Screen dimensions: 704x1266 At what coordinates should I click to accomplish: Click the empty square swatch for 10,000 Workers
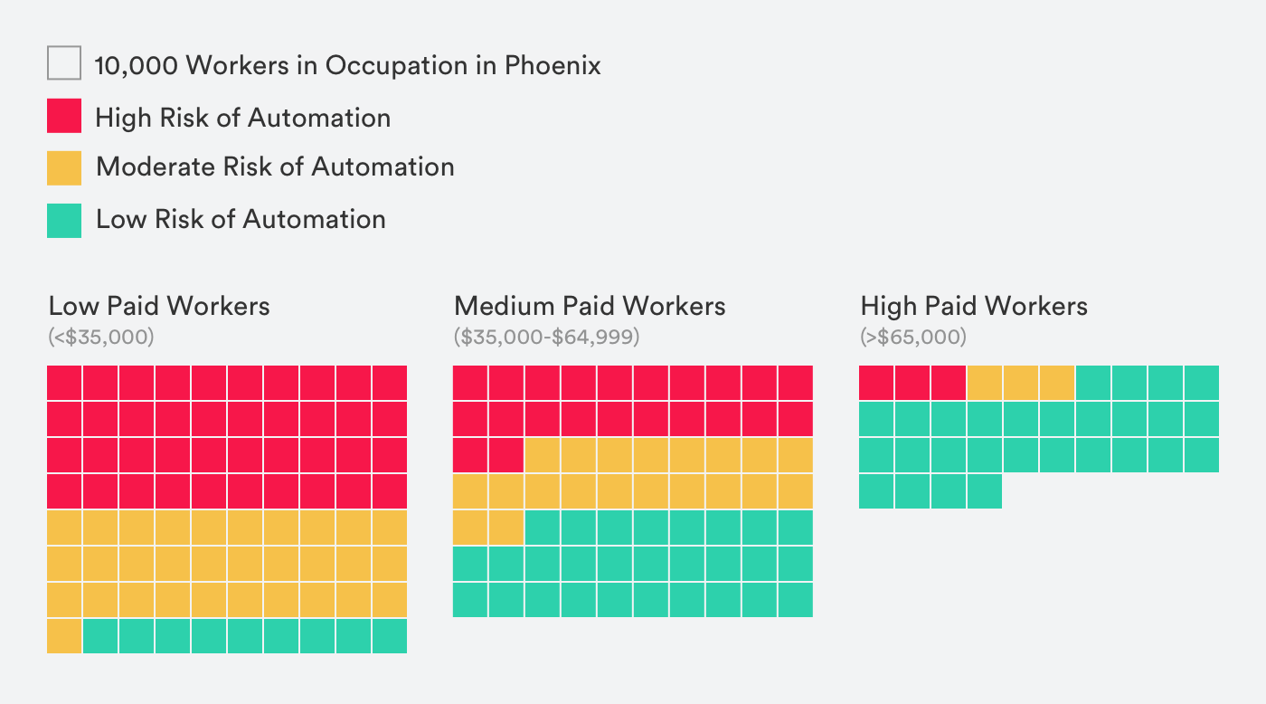click(x=64, y=63)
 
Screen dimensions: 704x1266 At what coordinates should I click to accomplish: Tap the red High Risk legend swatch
click(x=64, y=116)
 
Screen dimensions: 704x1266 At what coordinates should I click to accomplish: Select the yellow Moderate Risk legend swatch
click(x=64, y=167)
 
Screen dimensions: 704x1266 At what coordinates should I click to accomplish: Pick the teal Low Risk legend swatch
click(x=64, y=220)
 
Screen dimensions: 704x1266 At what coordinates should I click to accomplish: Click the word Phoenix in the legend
click(x=552, y=65)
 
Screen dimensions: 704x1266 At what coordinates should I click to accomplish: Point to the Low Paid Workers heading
click(x=159, y=306)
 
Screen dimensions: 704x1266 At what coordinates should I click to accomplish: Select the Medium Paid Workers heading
click(x=590, y=306)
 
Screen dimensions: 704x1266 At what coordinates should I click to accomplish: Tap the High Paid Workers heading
click(x=974, y=306)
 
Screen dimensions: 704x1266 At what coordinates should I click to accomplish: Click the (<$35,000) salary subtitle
click(x=101, y=338)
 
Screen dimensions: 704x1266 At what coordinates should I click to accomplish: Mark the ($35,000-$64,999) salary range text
click(x=546, y=338)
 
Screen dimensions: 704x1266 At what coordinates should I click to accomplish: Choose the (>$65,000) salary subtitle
click(x=913, y=338)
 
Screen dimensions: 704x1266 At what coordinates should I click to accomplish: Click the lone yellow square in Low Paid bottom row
click(x=64, y=635)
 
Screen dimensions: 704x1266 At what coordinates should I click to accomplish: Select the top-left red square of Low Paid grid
click(x=64, y=383)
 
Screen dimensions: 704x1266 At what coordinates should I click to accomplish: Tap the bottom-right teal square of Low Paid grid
click(x=390, y=635)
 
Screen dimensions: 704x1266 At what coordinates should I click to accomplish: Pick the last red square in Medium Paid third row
click(x=506, y=454)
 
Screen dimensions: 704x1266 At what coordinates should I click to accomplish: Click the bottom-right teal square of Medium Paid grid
click(x=796, y=599)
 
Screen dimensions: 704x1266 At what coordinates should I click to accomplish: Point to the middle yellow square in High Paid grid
click(x=1021, y=383)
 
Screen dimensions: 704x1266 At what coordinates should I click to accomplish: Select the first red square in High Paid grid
click(x=876, y=383)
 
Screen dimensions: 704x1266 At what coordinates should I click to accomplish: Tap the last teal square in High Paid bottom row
click(x=985, y=491)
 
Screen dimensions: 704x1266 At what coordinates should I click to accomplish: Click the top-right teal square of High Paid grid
click(x=1202, y=383)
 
